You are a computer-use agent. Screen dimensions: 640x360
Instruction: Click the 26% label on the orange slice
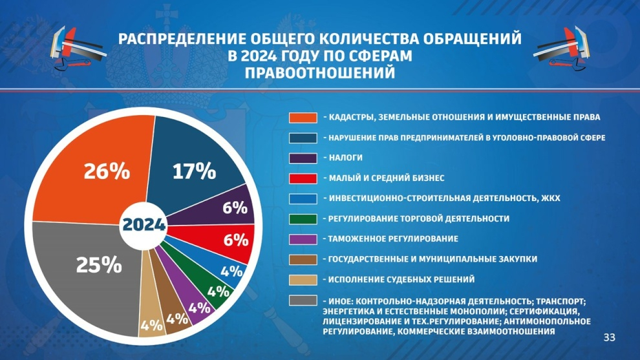(x=107, y=171)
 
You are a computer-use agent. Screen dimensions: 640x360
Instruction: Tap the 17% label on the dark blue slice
(x=195, y=171)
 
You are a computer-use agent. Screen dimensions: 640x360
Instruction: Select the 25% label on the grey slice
(x=99, y=265)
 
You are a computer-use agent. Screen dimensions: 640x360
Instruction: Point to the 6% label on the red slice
(x=236, y=240)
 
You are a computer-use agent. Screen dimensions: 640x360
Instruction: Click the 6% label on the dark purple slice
(x=235, y=207)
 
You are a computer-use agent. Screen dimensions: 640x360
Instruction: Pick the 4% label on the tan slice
(x=151, y=325)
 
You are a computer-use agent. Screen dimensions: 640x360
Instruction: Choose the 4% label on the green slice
(x=218, y=292)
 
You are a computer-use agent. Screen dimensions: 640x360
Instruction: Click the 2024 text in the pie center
(x=144, y=225)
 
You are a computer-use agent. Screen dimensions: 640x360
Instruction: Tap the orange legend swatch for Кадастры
(x=303, y=118)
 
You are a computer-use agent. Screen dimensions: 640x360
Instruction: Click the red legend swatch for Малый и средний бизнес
(x=303, y=178)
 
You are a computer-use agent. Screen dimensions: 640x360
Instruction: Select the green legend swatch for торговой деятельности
(x=303, y=219)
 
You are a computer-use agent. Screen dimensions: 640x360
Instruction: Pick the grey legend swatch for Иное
(x=303, y=301)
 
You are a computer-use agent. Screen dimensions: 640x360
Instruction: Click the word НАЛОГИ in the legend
(x=346, y=158)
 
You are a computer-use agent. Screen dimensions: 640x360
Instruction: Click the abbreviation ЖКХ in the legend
(x=551, y=198)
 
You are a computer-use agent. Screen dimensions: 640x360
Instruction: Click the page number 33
(x=609, y=337)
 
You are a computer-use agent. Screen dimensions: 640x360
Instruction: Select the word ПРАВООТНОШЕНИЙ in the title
(x=320, y=73)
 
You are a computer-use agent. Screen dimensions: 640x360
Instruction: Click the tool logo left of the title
(x=78, y=48)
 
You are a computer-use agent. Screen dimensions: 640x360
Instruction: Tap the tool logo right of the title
(x=561, y=48)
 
